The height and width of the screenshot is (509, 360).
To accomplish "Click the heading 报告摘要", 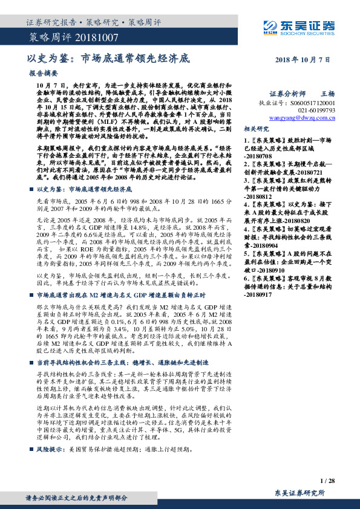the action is pos(42,73).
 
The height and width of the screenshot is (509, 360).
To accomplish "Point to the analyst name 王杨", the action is pos(327,94).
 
